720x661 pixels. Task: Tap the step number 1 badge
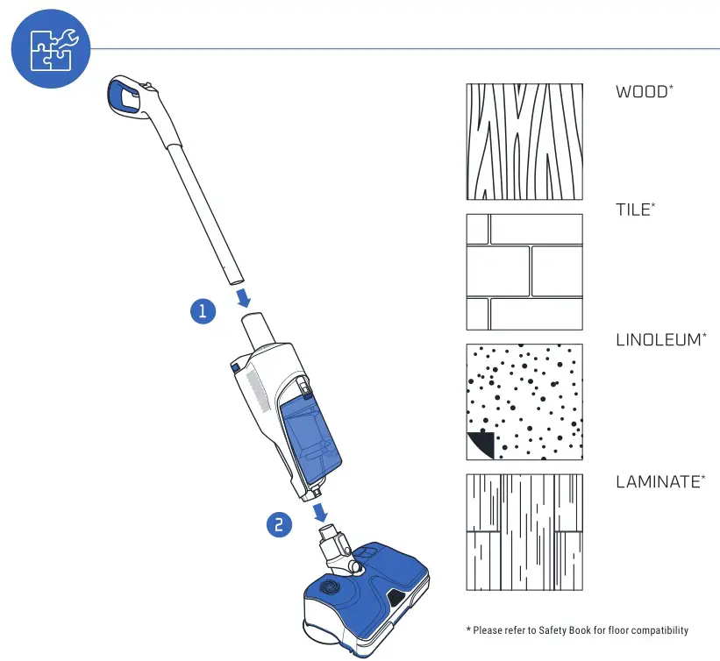point(203,310)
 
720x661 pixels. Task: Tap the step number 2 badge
point(278,524)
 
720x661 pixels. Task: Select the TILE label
point(635,210)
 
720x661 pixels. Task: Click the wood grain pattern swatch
point(524,142)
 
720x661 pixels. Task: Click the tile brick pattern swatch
point(524,272)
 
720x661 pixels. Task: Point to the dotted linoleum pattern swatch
point(524,402)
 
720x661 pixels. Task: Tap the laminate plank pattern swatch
point(524,533)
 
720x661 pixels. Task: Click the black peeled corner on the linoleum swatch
point(479,445)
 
